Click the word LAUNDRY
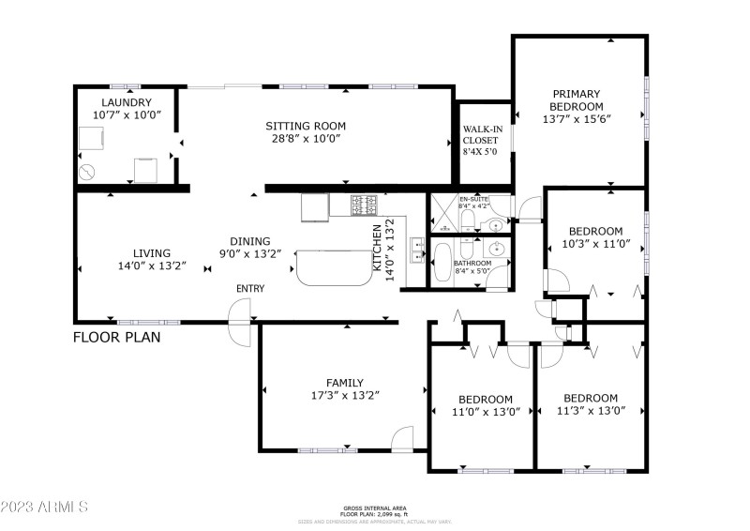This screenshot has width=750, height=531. [126, 102]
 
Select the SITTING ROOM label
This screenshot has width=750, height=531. [306, 126]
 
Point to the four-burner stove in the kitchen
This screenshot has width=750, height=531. [364, 204]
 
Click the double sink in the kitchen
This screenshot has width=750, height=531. [419, 251]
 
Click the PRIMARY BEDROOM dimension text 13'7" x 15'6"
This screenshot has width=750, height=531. [577, 120]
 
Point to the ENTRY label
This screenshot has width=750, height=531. [250, 288]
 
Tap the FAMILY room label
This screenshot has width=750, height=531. [345, 382]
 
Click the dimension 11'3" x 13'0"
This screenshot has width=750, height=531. [591, 411]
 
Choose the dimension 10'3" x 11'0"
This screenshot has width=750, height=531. [595, 245]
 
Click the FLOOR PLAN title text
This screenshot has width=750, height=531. [117, 337]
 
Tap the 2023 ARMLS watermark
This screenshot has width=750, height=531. [44, 507]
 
